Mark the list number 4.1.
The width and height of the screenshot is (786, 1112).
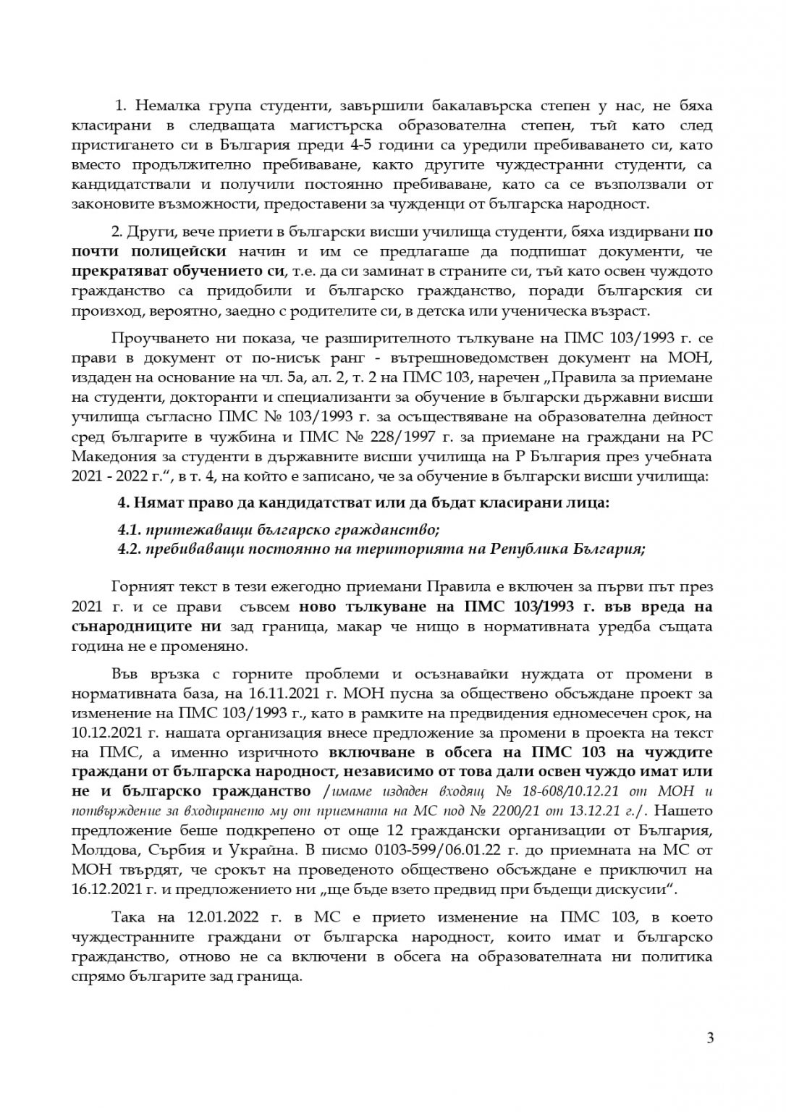click(x=129, y=529)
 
